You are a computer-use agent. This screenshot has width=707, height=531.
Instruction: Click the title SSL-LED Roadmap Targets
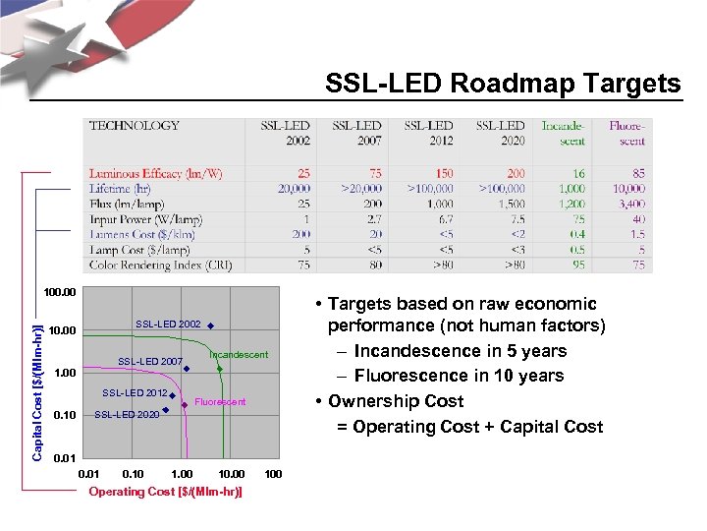point(503,85)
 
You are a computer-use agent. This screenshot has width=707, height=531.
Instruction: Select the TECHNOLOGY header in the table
point(135,126)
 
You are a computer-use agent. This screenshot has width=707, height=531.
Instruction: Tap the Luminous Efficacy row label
point(155,174)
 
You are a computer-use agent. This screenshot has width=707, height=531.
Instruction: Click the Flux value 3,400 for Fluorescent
point(629,205)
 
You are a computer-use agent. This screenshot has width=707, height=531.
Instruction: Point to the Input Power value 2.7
point(372,219)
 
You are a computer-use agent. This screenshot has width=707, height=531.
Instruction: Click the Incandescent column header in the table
point(563,133)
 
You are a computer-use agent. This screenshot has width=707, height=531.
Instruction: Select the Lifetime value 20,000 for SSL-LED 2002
point(295,189)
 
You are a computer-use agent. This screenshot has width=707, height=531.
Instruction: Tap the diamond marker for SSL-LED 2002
point(211,324)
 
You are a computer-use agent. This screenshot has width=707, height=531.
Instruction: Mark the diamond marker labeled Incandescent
point(220,369)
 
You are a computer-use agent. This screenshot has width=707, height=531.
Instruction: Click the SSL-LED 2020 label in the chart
point(127,414)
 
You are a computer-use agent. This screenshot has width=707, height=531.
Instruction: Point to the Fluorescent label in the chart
point(220,402)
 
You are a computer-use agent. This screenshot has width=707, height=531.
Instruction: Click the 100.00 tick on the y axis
point(60,292)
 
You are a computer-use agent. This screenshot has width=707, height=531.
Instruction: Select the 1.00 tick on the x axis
point(182,475)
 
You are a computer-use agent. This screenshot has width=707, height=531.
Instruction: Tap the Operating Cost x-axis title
point(165,491)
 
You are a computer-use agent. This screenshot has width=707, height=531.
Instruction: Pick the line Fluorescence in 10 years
point(459,376)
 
